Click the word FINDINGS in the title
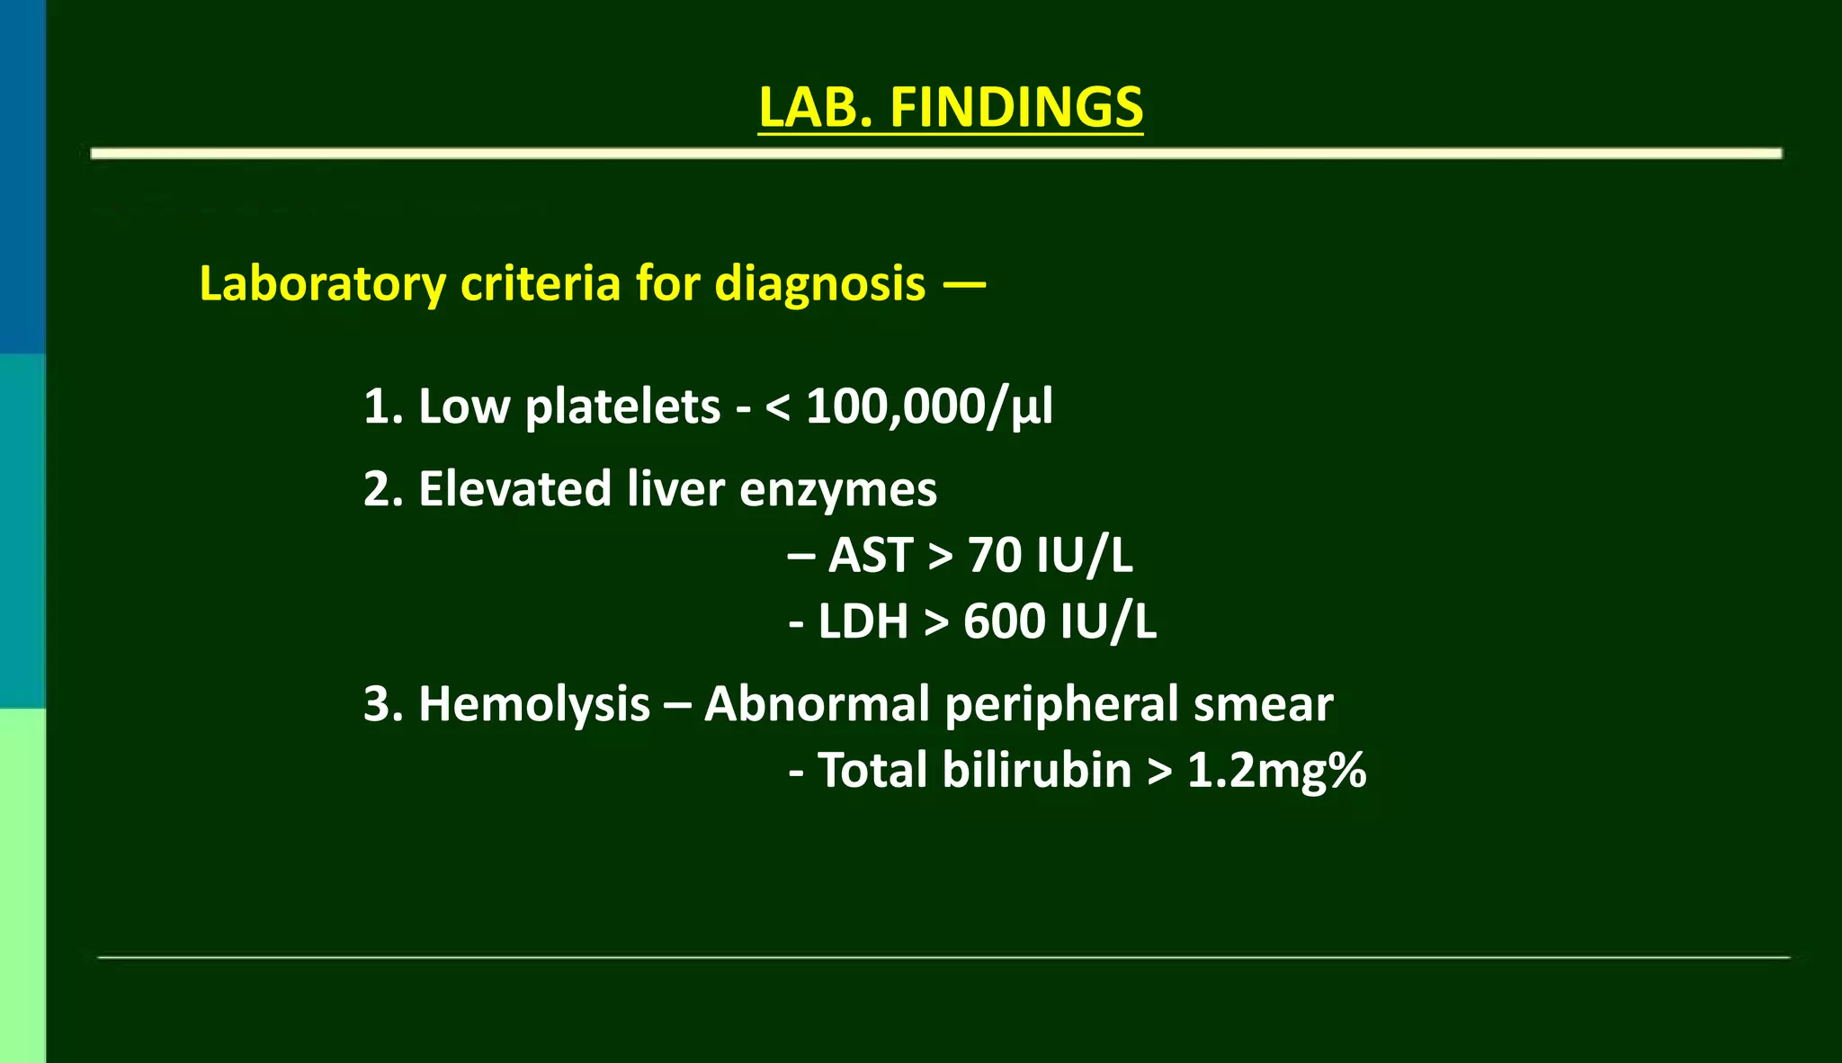[1016, 108]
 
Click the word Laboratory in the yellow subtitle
[322, 284]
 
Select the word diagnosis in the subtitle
[819, 284]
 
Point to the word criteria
[541, 284]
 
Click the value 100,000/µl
[929, 406]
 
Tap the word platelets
[622, 406]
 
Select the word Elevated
[514, 489]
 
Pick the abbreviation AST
[871, 555]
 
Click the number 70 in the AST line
[995, 555]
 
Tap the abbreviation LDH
[863, 621]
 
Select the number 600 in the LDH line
[1004, 621]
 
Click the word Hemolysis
[533, 704]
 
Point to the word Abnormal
[817, 704]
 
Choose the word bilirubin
[1036, 771]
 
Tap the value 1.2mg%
[1276, 771]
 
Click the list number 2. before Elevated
[382, 489]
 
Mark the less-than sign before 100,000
[777, 407]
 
